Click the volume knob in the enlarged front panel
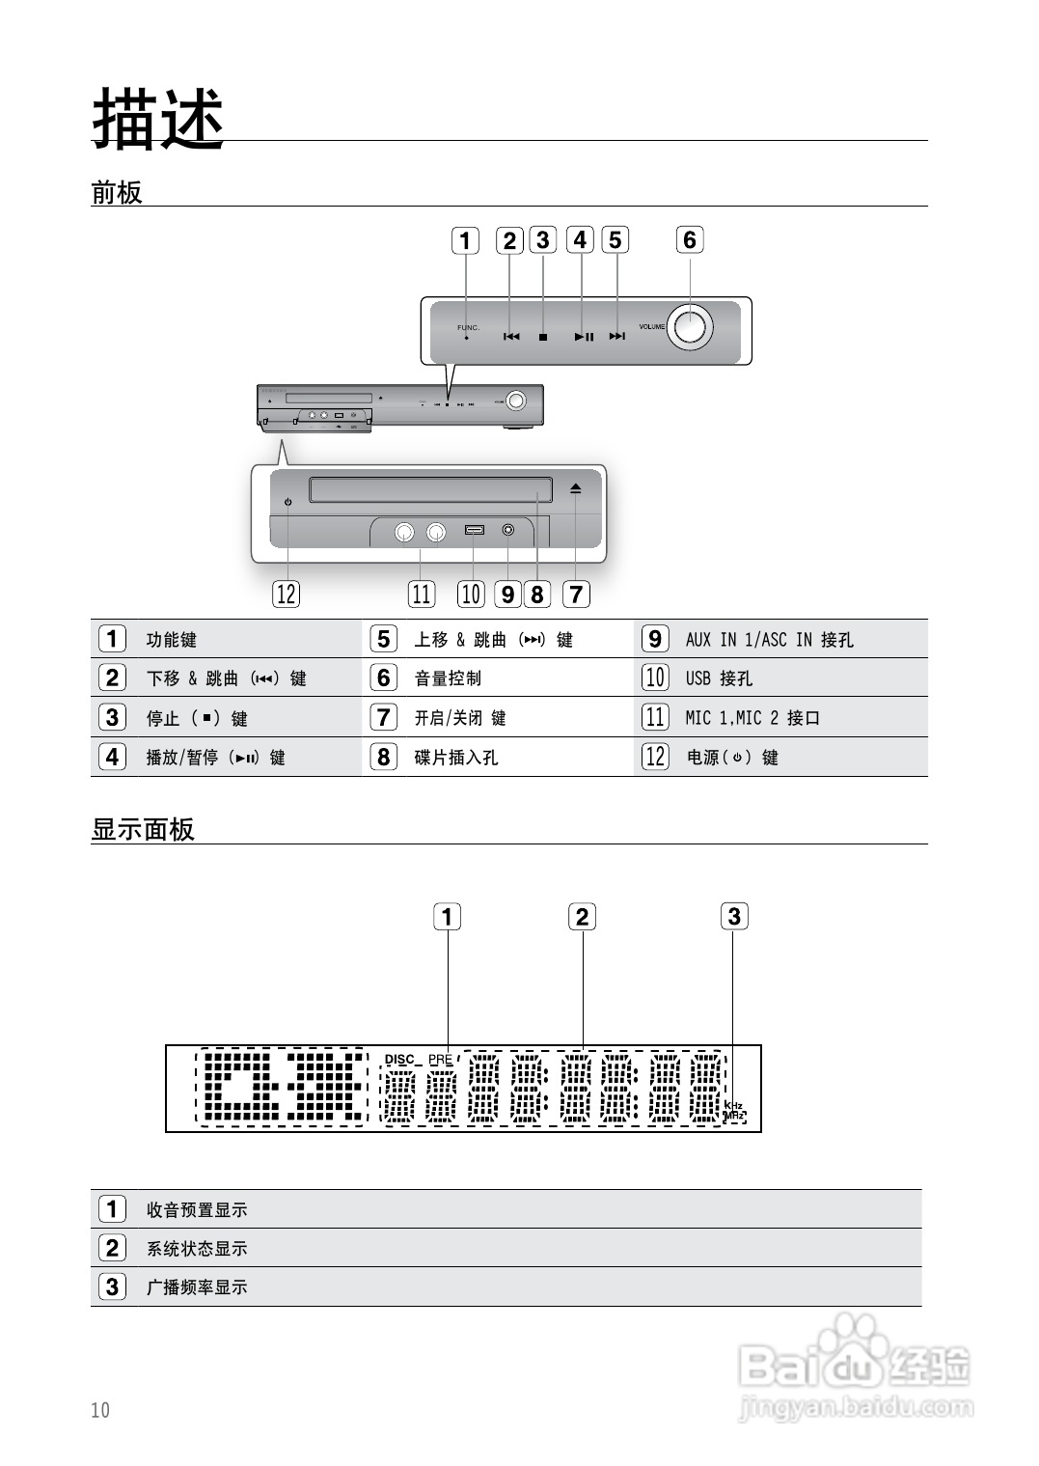pyautogui.click(x=690, y=326)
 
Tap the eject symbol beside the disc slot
pyautogui.click(x=575, y=489)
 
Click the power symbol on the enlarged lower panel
pyautogui.click(x=287, y=503)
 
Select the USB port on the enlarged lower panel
pyautogui.click(x=474, y=530)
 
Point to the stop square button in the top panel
pyautogui.click(x=543, y=337)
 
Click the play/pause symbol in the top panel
pyautogui.click(x=584, y=337)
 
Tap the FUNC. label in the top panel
pyautogui.click(x=468, y=328)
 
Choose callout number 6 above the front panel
pyautogui.click(x=689, y=240)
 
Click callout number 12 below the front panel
pyautogui.click(x=287, y=594)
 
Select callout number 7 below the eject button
pyautogui.click(x=576, y=594)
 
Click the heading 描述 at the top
pyautogui.click(x=158, y=119)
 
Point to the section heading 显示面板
pyautogui.click(x=143, y=829)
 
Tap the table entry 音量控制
pyautogui.click(x=448, y=678)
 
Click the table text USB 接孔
pyautogui.click(x=719, y=678)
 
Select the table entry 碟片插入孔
pyautogui.click(x=456, y=758)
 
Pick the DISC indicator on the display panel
pyautogui.click(x=399, y=1059)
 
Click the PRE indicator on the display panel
pyautogui.click(x=441, y=1059)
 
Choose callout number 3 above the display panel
pyautogui.click(x=734, y=916)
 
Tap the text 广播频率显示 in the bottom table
pyautogui.click(x=197, y=1286)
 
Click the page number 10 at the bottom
pyautogui.click(x=100, y=1410)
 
